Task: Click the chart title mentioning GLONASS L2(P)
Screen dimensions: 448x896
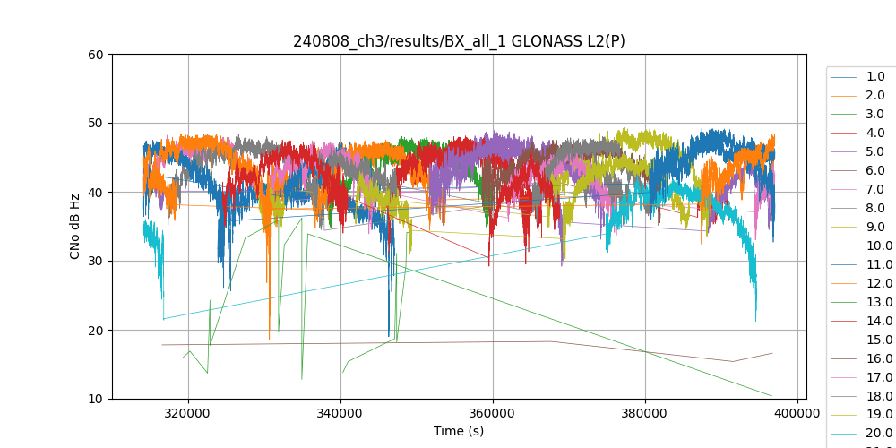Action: (x=459, y=41)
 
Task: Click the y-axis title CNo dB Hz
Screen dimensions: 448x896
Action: (x=76, y=227)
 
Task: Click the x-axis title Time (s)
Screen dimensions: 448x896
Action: (x=459, y=431)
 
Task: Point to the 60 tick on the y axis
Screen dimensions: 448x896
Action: (x=96, y=55)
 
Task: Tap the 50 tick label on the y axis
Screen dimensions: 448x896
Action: (x=96, y=124)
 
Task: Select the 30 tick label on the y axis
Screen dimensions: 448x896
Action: (x=96, y=262)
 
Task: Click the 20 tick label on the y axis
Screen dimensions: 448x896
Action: (x=96, y=331)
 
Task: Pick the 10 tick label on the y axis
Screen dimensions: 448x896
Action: (x=96, y=399)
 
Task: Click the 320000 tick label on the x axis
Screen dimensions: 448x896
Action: (x=188, y=414)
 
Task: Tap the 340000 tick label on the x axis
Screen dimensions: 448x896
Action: (x=340, y=414)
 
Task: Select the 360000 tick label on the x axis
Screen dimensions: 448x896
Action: (x=493, y=414)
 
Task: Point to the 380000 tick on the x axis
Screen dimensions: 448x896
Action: (x=645, y=414)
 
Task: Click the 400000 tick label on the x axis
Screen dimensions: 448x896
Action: (x=797, y=414)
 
